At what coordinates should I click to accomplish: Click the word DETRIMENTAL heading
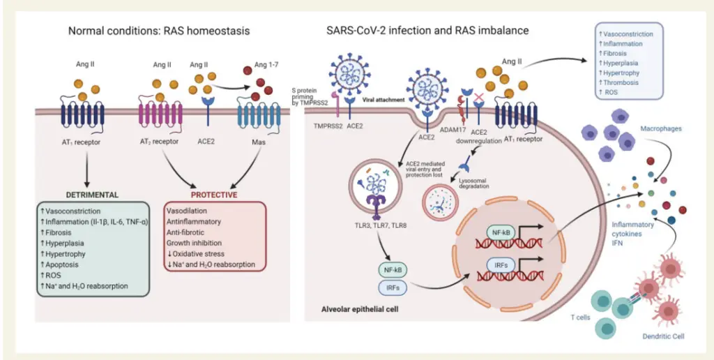93,195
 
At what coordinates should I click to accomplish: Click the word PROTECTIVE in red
214,195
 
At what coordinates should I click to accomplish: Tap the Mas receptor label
258,142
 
